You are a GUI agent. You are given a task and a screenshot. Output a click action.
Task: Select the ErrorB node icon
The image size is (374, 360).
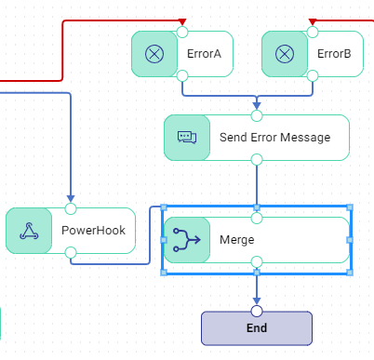click(x=285, y=54)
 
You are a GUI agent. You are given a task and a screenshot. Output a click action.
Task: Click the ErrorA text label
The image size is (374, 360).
click(x=204, y=54)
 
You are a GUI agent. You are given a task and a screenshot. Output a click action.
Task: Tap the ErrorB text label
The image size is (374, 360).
click(x=334, y=54)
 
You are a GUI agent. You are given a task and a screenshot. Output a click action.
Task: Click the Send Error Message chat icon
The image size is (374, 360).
click(x=187, y=138)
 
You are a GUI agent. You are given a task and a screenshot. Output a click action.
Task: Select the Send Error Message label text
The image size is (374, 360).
click(x=274, y=138)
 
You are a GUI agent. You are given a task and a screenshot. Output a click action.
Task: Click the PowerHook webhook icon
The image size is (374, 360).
click(x=29, y=231)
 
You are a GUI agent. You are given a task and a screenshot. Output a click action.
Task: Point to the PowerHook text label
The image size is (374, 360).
click(x=92, y=231)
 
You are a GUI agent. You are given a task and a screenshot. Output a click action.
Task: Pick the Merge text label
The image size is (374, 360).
click(x=236, y=240)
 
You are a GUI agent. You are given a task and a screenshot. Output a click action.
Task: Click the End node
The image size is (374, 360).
click(x=257, y=328)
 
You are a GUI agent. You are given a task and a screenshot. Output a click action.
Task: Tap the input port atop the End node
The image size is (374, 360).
click(x=257, y=311)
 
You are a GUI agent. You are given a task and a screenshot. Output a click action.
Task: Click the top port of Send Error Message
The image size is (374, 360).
click(x=257, y=115)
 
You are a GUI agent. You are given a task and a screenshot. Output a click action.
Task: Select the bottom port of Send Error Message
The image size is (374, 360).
click(x=257, y=160)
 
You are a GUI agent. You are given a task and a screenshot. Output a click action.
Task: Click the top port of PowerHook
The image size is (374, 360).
click(x=71, y=208)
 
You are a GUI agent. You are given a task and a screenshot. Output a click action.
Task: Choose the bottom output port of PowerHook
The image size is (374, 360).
click(x=71, y=252)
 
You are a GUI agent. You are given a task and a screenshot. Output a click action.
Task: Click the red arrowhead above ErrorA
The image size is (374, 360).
click(x=181, y=21)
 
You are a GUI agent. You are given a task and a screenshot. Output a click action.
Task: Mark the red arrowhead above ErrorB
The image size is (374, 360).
click(x=312, y=21)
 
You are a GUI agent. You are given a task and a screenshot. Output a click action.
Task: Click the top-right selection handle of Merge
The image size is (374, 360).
click(x=350, y=207)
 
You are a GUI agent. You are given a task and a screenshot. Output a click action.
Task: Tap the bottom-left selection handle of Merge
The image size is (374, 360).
click(x=164, y=273)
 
